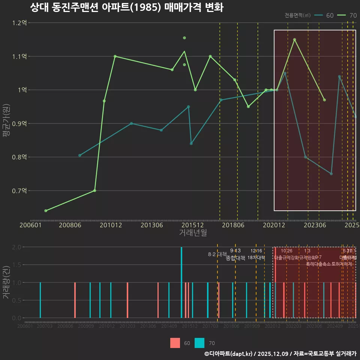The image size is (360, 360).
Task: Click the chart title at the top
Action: [126, 7]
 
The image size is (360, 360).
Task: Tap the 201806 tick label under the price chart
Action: [233, 225]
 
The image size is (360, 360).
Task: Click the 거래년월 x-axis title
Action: [193, 233]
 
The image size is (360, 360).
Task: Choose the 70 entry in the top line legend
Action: [347, 15]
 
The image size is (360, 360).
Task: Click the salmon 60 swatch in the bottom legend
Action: [175, 343]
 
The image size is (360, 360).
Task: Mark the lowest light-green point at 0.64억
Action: [46, 211]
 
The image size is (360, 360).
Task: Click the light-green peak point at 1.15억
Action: [294, 39]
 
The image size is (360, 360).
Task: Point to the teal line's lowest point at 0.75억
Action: [331, 174]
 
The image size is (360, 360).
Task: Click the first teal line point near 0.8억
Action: [79, 155]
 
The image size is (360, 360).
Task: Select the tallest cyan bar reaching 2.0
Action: [181, 282]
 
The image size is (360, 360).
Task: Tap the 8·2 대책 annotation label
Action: [220, 254]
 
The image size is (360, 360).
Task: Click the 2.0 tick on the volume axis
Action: [16, 247]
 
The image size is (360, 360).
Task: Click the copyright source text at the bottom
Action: [280, 354]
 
